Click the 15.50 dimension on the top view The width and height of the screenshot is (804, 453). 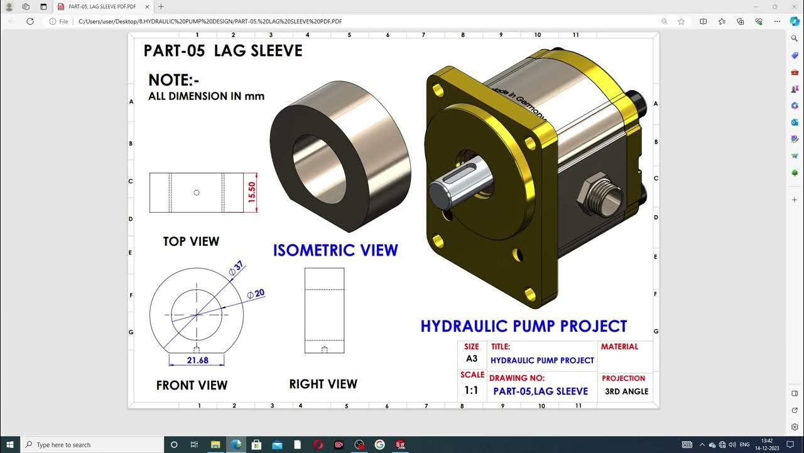pos(253,193)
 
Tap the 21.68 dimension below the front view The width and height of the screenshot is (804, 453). pos(197,361)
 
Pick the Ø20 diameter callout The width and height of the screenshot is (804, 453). pos(256,294)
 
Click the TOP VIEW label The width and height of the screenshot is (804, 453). pos(191,242)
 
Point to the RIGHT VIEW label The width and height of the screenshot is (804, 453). pos(323,384)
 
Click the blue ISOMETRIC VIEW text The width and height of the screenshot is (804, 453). pos(335,250)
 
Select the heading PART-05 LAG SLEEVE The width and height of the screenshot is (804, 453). pos(222,51)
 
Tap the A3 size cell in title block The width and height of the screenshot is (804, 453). pos(471,359)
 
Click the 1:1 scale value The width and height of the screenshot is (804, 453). pos(471,391)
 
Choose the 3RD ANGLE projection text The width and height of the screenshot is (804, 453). pos(626,391)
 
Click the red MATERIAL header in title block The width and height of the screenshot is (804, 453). pos(619,347)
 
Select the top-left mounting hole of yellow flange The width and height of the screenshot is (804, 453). pos(438,91)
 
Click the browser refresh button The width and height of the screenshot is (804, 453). pos(30,21)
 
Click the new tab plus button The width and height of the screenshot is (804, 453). pos(161,6)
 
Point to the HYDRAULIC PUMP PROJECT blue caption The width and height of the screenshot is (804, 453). pos(523,326)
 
